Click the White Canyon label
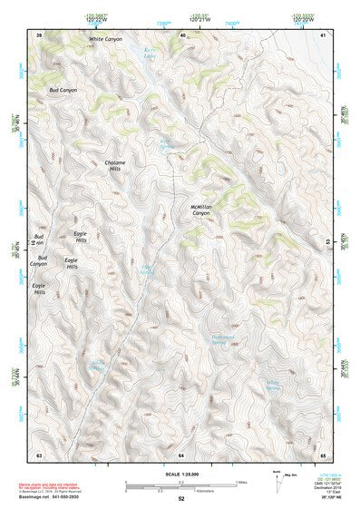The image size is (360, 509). tap(104, 41)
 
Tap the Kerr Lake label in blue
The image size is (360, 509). tap(151, 53)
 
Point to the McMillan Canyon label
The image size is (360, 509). tap(206, 210)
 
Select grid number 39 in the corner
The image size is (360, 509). tap(39, 34)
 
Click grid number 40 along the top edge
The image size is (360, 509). tap(182, 34)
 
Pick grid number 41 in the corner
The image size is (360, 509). tap(323, 34)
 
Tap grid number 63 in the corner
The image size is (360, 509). tap(39, 453)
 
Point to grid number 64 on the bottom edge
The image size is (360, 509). tap(181, 453)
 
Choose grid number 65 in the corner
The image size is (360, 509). tap(323, 453)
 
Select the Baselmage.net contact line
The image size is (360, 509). tap(54, 497)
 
